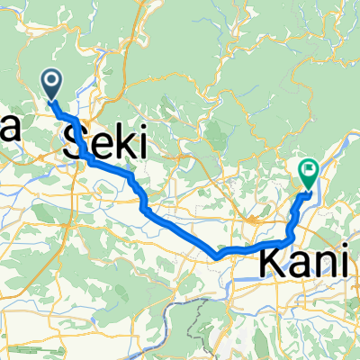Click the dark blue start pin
pos(51,85)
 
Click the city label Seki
pos(100,142)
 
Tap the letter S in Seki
pos(75,142)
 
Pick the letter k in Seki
pos(120,142)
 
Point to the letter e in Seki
pos(97,144)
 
